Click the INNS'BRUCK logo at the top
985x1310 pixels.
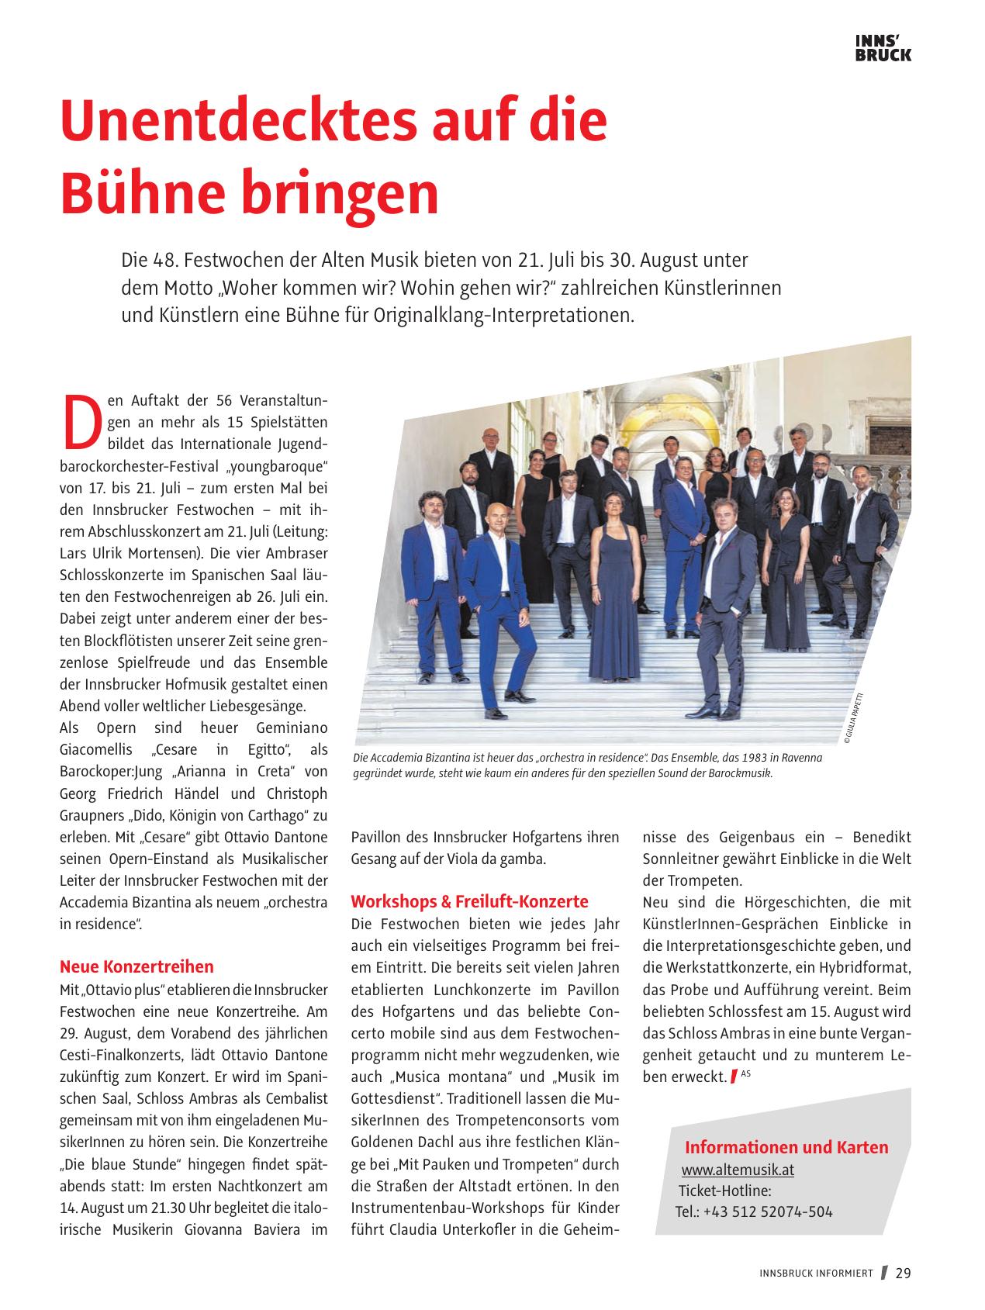coord(883,47)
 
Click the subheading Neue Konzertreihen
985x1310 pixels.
coord(137,966)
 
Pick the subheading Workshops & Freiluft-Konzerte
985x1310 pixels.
coord(469,901)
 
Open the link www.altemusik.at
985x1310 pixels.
coord(737,1170)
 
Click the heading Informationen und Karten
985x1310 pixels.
coord(786,1147)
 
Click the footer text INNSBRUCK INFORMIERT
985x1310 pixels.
coord(816,1274)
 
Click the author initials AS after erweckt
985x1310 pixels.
coord(745,1073)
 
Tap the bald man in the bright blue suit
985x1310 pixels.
coord(499,589)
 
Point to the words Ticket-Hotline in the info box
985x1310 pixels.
coord(724,1191)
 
